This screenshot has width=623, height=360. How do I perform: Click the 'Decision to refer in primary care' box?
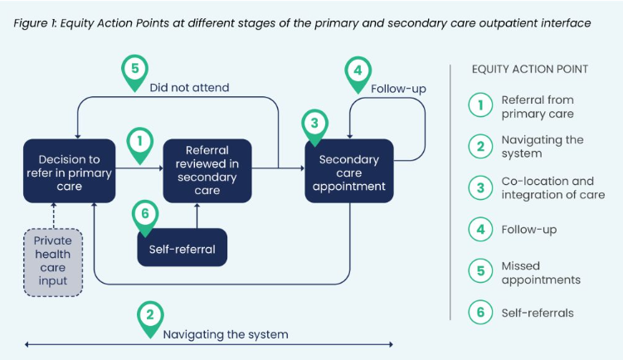pos(69,171)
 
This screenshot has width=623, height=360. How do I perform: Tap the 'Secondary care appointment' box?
pos(348,173)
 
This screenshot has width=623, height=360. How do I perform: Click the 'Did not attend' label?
pos(189,87)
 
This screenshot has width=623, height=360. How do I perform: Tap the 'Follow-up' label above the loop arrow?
pos(398,89)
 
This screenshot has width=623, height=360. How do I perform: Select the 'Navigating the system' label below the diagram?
pos(225,334)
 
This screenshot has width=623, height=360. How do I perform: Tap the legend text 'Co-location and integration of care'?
pos(552,188)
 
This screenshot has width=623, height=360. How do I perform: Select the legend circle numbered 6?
pos(480,313)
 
